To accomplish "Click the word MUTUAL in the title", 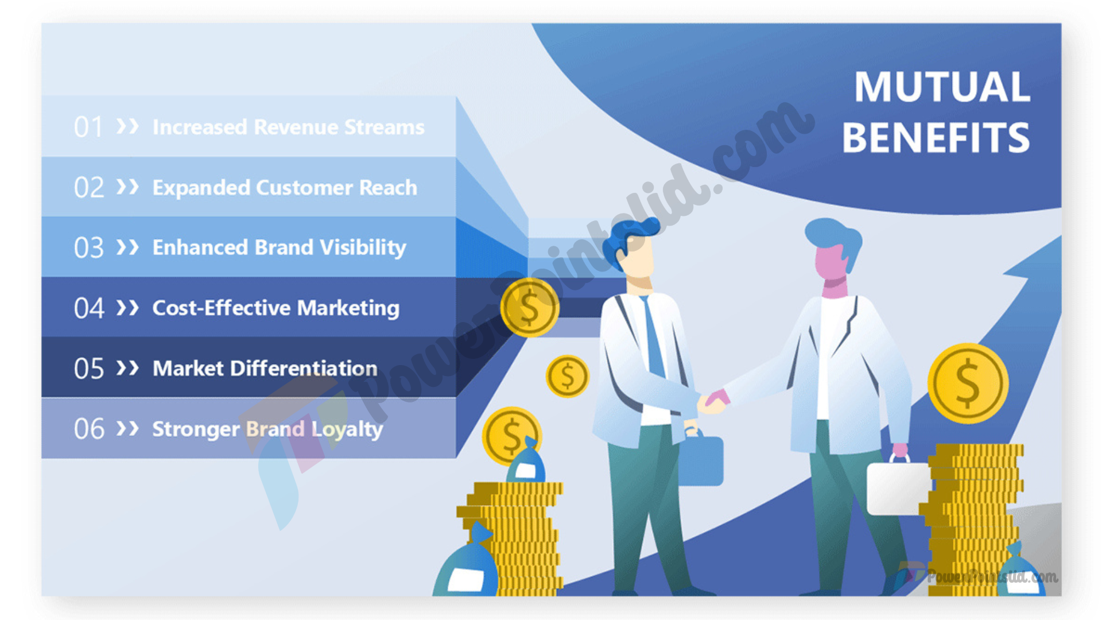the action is click(942, 87).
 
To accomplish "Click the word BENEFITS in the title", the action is click(936, 138).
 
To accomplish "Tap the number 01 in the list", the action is click(88, 127).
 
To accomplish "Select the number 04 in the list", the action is click(89, 308).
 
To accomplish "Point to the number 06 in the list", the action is click(89, 429).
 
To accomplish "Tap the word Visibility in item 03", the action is click(363, 248).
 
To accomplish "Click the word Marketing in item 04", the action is click(348, 308).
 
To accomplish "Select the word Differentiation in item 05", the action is click(304, 368).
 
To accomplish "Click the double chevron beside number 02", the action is click(127, 187).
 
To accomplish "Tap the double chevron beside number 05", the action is click(127, 368).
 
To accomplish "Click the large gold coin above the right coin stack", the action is click(968, 383).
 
